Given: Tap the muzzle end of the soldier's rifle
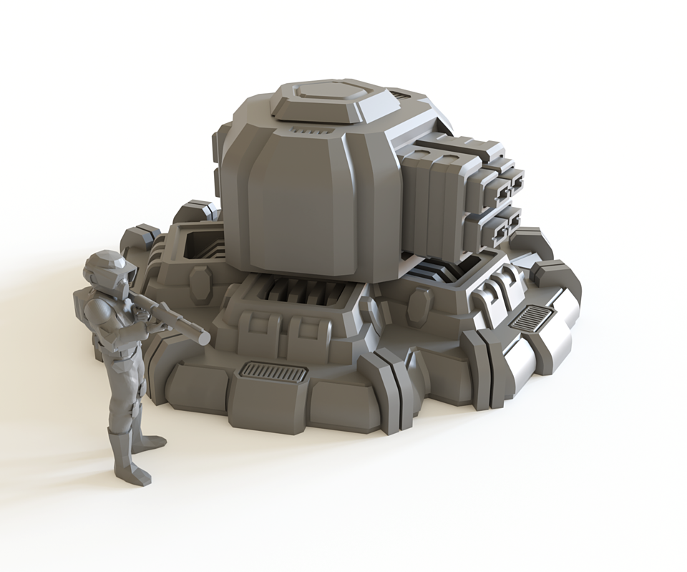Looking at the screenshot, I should tap(203, 337).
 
